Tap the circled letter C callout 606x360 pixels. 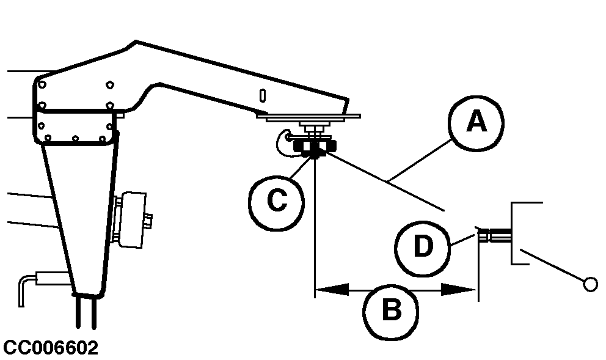(x=276, y=201)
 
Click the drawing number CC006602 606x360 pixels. (x=51, y=348)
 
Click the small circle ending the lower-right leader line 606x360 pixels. (x=590, y=284)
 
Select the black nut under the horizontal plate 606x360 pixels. (x=314, y=147)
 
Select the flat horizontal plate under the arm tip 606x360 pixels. (x=312, y=116)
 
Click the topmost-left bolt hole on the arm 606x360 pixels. (x=42, y=81)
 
